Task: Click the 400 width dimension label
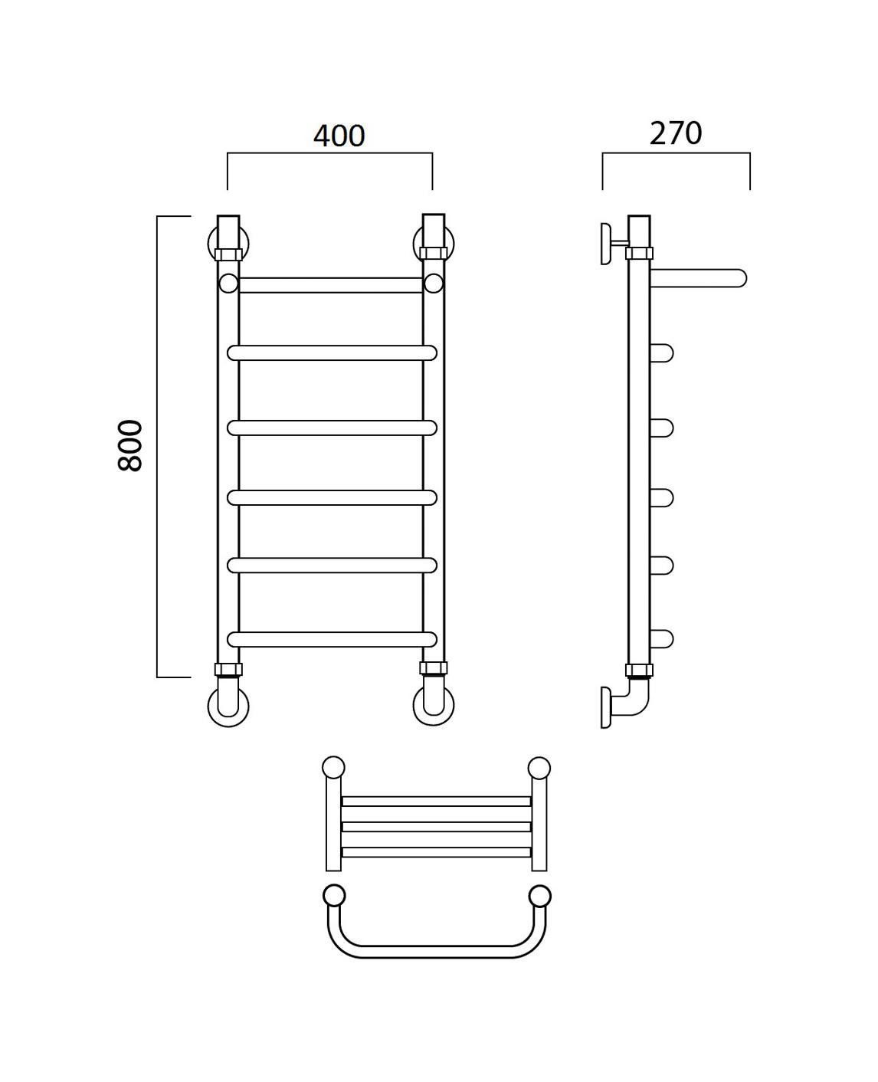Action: [339, 136]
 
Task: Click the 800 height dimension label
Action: [130, 445]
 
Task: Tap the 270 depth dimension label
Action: [676, 133]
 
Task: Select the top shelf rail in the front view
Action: [330, 285]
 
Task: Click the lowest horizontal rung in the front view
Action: [332, 639]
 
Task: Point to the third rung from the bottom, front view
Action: [332, 498]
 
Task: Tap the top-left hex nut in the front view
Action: [228, 254]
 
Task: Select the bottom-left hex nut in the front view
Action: [228, 670]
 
